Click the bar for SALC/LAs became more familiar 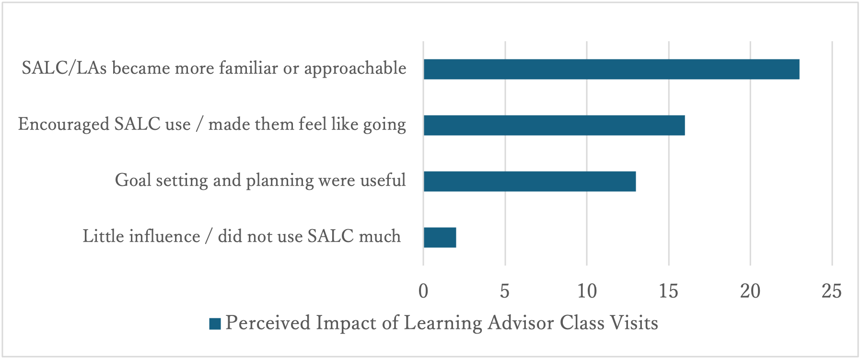tap(611, 69)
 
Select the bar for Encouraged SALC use tap(554, 125)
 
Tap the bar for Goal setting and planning tap(530, 181)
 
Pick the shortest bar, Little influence tap(440, 237)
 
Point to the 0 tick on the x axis tap(423, 291)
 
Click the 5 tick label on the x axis tap(505, 291)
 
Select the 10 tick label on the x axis tap(587, 291)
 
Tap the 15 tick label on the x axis tap(669, 291)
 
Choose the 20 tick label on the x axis tap(750, 291)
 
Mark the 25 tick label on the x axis tap(832, 291)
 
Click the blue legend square tap(215, 324)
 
